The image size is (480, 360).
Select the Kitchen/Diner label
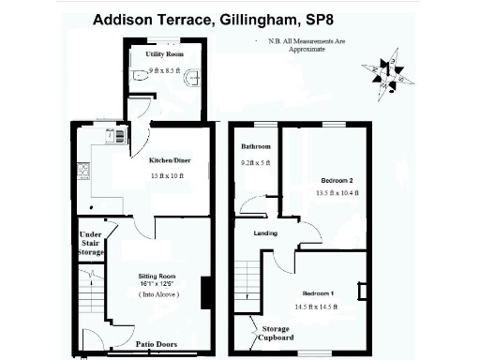[169, 159]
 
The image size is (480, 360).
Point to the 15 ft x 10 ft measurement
[168, 175]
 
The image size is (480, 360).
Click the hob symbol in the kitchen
[82, 172]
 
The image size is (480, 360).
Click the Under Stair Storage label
[90, 243]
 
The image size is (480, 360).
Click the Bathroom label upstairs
[254, 147]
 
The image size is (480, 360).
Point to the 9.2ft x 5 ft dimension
[255, 163]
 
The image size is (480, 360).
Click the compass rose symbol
[385, 72]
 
